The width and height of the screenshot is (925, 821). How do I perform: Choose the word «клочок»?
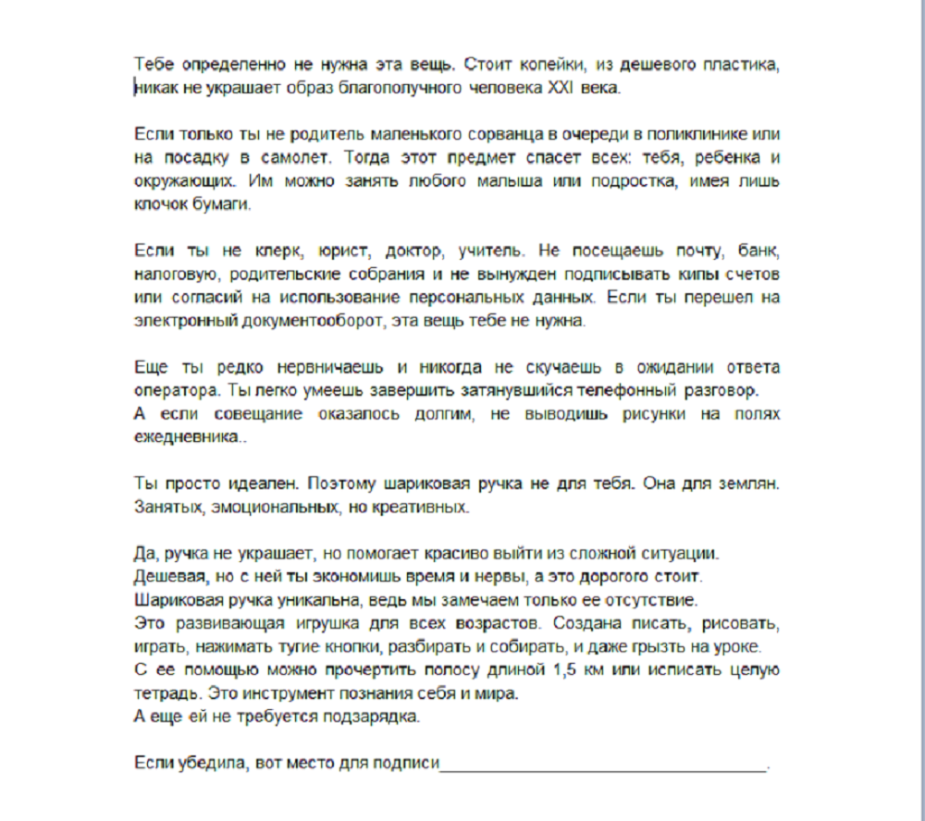158,204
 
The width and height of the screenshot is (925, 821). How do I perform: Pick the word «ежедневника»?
187,437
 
